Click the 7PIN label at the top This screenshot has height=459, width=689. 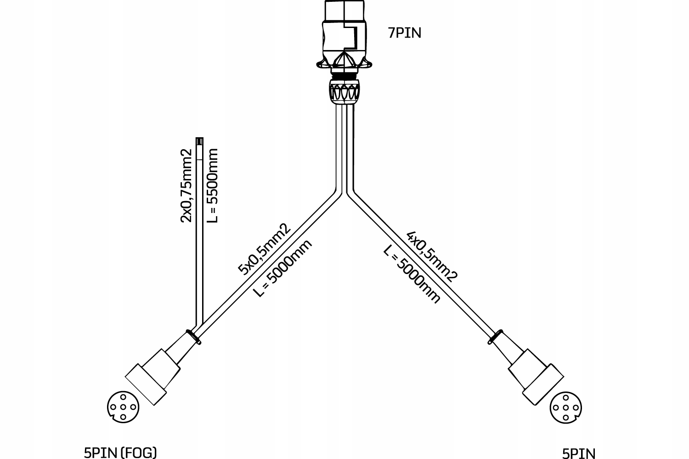click(x=404, y=34)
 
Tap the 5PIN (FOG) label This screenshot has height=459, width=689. click(x=120, y=453)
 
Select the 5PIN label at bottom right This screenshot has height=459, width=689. click(x=578, y=453)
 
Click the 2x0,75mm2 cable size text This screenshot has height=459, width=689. click(x=186, y=185)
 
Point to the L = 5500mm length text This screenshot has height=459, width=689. click(x=212, y=185)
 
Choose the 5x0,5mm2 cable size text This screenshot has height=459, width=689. click(x=265, y=249)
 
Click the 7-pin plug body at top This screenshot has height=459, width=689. click(x=344, y=37)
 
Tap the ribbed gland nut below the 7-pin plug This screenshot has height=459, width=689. click(x=344, y=91)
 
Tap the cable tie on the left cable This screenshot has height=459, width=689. click(x=193, y=336)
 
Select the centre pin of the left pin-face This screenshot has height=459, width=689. click(x=123, y=406)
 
